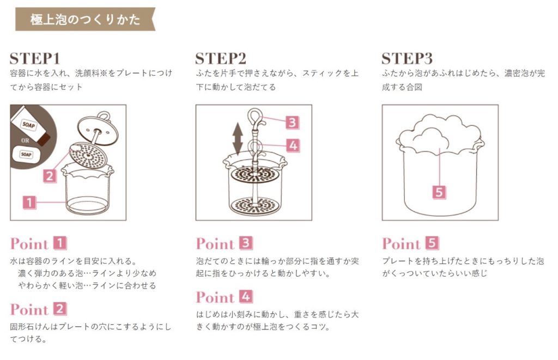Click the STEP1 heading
34,58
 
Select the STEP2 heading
221,58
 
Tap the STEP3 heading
407,58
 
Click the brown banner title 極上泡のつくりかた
86,19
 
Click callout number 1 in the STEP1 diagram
29,202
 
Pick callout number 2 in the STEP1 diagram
50,176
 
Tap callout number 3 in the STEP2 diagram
292,123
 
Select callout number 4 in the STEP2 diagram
293,145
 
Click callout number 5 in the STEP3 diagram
439,192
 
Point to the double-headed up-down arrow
238,139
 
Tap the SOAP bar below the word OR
26,154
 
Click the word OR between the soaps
25,141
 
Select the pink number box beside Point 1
60,243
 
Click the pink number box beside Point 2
60,309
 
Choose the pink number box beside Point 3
246,243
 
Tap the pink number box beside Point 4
246,296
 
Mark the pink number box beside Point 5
432,243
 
